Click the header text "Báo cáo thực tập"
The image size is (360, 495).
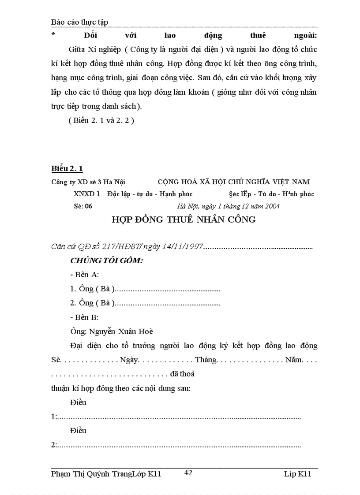[x=79, y=22]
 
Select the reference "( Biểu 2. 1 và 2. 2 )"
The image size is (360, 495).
[x=101, y=120]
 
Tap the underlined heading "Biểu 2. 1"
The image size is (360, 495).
[x=67, y=168]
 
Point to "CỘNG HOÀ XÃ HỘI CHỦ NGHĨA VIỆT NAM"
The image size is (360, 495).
[x=234, y=182]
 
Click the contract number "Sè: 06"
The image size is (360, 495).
[x=83, y=206]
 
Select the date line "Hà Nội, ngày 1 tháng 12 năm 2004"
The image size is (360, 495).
[x=228, y=206]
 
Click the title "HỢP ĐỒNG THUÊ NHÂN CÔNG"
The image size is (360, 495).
[x=184, y=220]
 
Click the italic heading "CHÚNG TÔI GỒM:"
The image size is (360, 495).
[x=106, y=261]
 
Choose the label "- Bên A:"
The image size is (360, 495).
[x=84, y=275]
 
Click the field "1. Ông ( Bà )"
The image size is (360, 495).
[x=93, y=289]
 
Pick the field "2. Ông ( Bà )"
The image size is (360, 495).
[x=93, y=303]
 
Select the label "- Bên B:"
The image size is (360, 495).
[x=84, y=317]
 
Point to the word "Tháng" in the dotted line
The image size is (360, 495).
[x=206, y=360]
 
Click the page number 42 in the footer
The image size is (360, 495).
[x=188, y=473]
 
